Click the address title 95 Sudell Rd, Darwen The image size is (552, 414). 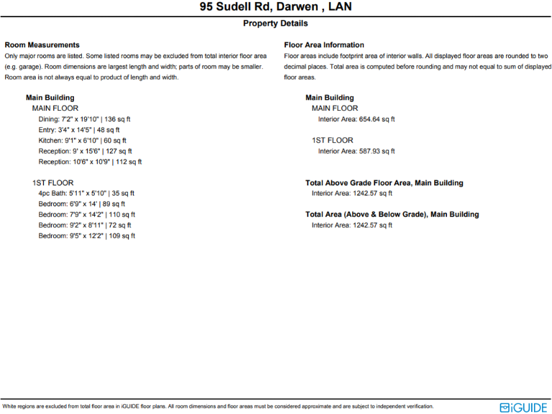coord(276,8)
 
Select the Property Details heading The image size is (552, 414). coord(276,24)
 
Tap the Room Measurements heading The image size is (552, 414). coord(42,45)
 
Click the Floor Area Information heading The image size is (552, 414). coord(324,45)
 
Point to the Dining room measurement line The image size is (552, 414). coord(85,119)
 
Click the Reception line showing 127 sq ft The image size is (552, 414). coord(86,152)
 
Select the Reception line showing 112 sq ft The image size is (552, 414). coord(90,162)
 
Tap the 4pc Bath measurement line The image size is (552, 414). coord(86,193)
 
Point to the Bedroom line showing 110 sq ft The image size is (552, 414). coord(87,214)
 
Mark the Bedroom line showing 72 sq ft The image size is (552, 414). coord(86,225)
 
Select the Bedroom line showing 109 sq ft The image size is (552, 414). coord(87,236)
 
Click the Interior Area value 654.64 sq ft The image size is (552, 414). coord(356,119)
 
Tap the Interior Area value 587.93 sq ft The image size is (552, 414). coord(356,151)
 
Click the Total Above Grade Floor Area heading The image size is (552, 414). coord(385,183)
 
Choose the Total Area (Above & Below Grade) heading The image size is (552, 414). coord(392,214)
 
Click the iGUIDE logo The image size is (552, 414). coord(524,407)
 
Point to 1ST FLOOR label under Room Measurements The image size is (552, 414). coord(52,183)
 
